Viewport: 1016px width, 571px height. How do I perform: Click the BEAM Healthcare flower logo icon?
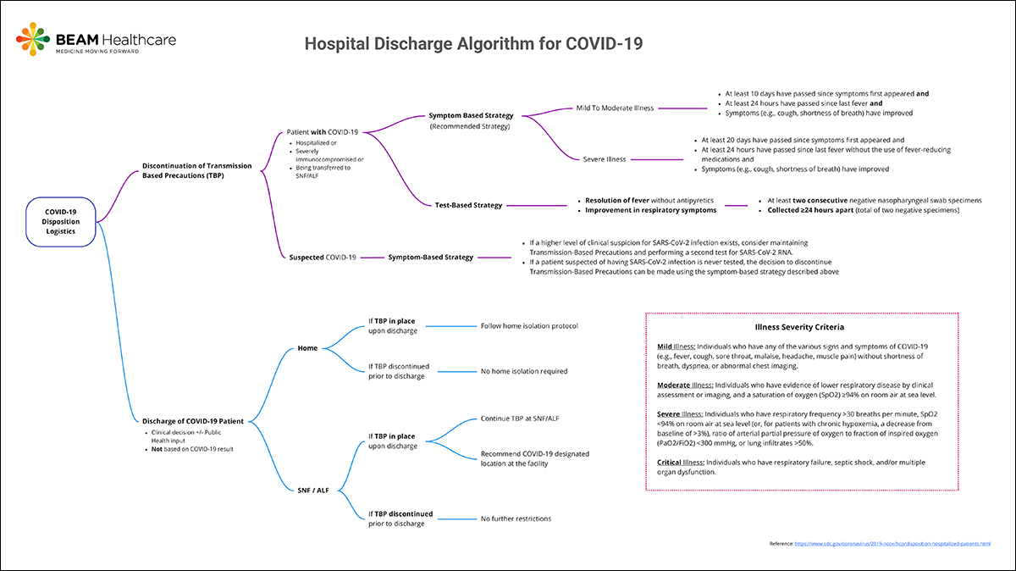click(x=33, y=40)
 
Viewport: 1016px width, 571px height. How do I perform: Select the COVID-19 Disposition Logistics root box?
click(x=60, y=223)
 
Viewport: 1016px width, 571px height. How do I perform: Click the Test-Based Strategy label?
click(x=468, y=205)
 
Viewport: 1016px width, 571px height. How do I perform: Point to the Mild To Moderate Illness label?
click(x=615, y=108)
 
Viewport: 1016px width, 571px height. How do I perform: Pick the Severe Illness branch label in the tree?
click(x=605, y=158)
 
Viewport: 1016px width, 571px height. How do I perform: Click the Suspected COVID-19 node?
click(x=322, y=257)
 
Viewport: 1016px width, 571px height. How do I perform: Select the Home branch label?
click(x=307, y=348)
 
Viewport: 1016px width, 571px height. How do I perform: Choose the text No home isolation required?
click(x=524, y=371)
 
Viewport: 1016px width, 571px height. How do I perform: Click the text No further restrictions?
click(x=516, y=518)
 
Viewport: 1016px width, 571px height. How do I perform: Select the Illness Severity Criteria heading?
click(x=799, y=326)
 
